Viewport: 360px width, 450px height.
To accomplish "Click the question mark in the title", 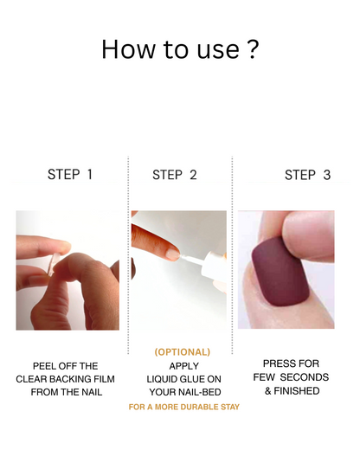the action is click(253, 49).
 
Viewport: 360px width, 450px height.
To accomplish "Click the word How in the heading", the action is click(128, 49).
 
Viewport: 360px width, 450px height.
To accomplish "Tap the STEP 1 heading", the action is click(70, 175).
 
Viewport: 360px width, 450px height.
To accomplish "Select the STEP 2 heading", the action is click(175, 175).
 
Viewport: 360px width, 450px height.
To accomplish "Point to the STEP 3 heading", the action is click(307, 175).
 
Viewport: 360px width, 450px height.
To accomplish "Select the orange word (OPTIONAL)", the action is click(183, 352).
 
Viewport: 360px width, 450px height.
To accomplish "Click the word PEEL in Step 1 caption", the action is click(43, 366).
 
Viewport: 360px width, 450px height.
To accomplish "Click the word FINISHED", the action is click(297, 391).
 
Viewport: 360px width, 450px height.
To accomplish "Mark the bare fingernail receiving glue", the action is click(173, 254).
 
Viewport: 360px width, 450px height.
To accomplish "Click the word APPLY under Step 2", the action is click(184, 366).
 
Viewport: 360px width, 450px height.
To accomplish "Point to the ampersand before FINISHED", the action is click(268, 391).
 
